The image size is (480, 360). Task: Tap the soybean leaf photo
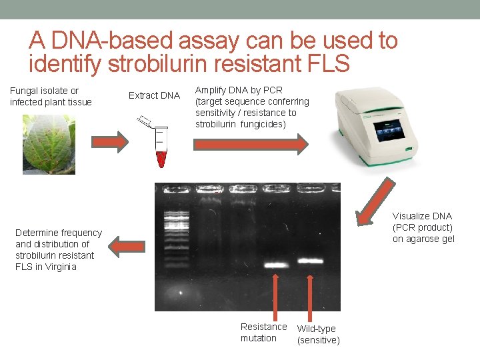pyautogui.click(x=49, y=144)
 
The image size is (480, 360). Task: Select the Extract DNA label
pyautogui.click(x=154, y=95)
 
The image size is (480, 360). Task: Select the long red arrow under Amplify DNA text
pyautogui.click(x=251, y=143)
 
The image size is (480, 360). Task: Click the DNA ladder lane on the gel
pyautogui.click(x=176, y=227)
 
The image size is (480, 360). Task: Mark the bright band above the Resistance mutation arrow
pyautogui.click(x=275, y=265)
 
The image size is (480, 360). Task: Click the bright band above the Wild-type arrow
pyautogui.click(x=309, y=261)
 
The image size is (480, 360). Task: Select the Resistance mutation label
pyautogui.click(x=263, y=332)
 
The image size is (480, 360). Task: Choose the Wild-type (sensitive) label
pyautogui.click(x=318, y=334)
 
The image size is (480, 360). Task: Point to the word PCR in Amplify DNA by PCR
pyautogui.click(x=273, y=90)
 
